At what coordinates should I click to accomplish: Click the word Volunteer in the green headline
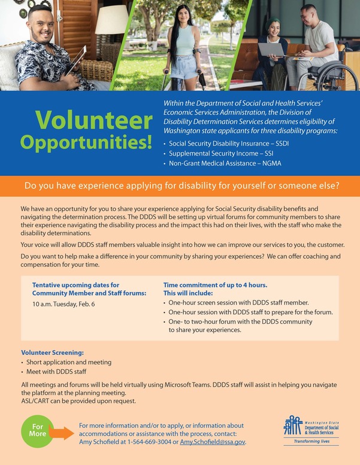tap(93, 120)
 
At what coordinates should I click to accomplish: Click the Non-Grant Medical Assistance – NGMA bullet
tap(225, 163)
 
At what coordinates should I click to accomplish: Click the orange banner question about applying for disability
tap(180, 186)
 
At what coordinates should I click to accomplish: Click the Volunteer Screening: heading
tap(53, 353)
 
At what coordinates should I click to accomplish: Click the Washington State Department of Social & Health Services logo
tap(310, 426)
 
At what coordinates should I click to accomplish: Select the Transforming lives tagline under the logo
tap(310, 442)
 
